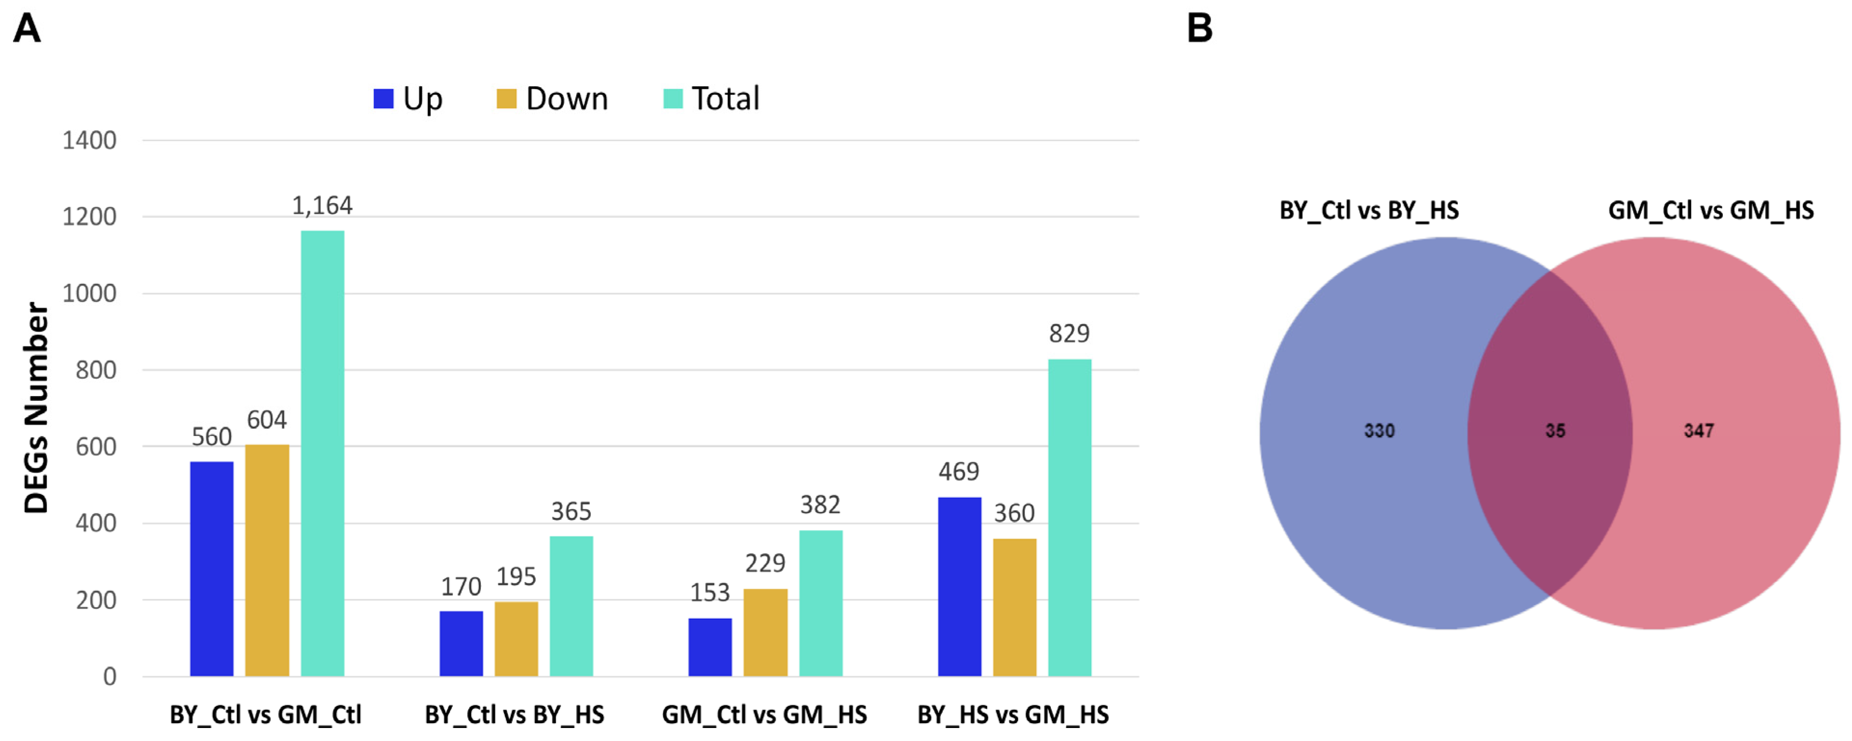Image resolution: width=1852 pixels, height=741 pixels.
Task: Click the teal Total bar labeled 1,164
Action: tap(322, 453)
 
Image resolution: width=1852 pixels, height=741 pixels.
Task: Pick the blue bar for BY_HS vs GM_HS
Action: tap(959, 586)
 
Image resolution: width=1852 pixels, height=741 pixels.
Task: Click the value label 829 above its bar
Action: tap(1069, 333)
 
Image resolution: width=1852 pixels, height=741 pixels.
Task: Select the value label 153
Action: tap(710, 592)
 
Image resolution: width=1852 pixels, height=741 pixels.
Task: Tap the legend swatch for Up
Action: tap(383, 98)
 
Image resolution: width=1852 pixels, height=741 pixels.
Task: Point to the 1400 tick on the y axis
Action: tap(89, 140)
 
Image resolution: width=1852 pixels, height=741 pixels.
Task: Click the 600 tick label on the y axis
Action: tap(95, 446)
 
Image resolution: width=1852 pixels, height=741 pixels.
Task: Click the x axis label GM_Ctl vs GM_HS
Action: tap(764, 715)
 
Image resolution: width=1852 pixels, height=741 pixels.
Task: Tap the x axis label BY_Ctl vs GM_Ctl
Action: tap(265, 715)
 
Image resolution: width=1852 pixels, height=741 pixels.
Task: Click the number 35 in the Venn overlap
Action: tap(1555, 431)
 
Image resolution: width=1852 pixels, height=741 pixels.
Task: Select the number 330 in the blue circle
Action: tap(1379, 431)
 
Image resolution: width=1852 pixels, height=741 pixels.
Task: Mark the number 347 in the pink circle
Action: tap(1699, 431)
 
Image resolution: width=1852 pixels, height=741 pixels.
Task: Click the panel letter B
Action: tap(1199, 29)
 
